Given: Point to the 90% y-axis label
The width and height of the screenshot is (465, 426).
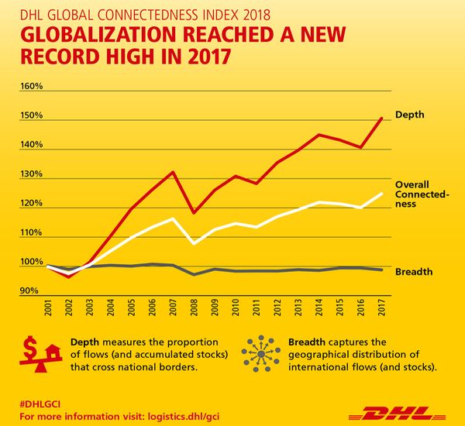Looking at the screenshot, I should click(29, 290).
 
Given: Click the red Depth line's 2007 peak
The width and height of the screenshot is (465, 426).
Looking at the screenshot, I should click(173, 172).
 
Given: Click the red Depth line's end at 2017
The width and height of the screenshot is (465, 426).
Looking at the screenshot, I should click(382, 118).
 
